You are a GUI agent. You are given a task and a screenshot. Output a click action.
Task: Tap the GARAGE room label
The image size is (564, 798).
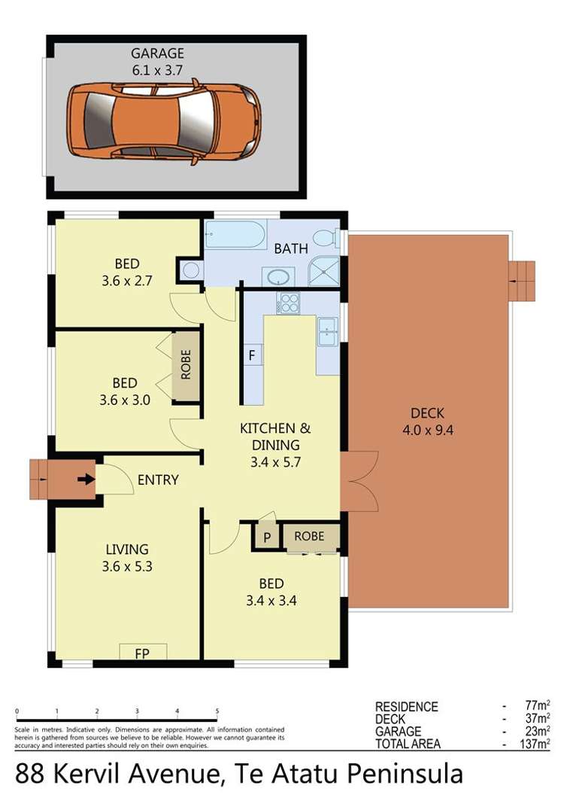156,54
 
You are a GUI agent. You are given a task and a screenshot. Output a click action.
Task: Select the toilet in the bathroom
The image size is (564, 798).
325,237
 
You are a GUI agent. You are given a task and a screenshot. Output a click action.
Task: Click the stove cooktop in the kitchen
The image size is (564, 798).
289,303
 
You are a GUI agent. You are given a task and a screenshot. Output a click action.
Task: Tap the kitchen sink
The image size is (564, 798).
328,330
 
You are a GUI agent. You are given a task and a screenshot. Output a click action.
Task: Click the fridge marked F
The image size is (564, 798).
252,354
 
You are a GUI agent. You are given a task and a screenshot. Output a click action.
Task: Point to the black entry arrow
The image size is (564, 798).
86,478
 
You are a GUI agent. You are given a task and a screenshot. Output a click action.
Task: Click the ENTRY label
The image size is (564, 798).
158,480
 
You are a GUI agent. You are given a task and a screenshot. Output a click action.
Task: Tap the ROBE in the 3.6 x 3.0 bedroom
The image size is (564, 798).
186,365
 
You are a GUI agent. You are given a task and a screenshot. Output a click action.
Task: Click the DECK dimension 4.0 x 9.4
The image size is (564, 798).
427,431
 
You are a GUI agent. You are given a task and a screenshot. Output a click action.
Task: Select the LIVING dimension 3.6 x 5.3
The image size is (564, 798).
126,567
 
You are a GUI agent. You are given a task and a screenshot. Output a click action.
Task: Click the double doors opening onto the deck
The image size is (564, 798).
358,482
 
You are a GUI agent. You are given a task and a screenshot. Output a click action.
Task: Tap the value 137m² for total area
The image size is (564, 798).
537,745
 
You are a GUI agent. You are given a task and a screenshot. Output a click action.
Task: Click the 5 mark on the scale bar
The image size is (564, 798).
217,711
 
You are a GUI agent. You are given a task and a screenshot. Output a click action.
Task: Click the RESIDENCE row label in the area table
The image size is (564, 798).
407,707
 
